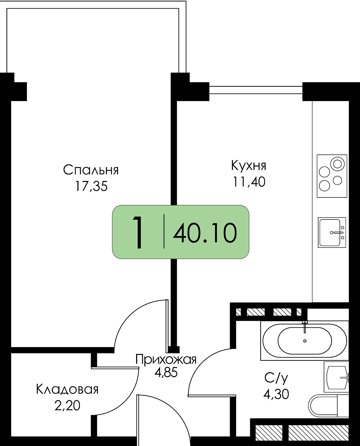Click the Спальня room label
[x=91, y=170]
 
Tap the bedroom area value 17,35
[x=91, y=186]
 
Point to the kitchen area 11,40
[x=249, y=182]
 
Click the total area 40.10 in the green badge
[x=205, y=233]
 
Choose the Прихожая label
[x=166, y=360]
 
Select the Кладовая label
[x=67, y=390]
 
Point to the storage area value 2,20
[x=67, y=406]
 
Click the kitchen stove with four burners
[x=332, y=176]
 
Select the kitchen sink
[x=332, y=232]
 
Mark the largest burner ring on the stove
[x=338, y=164]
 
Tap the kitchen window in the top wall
[x=256, y=90]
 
